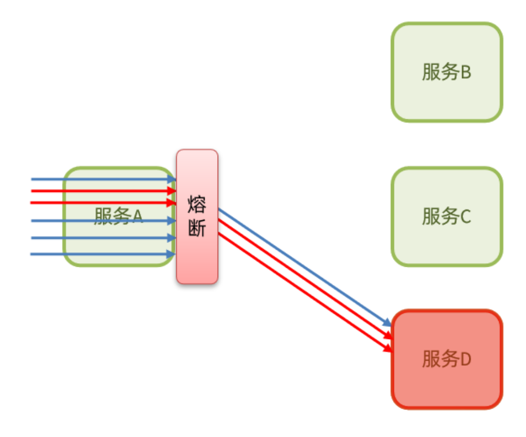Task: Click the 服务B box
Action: (447, 72)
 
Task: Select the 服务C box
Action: (447, 216)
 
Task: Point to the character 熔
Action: (197, 205)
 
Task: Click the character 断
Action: (197, 228)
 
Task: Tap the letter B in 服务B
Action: (465, 73)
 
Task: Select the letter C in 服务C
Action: (465, 217)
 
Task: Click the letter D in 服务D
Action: (465, 360)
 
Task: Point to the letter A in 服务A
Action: (137, 217)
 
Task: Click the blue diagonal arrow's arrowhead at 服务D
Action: (387, 323)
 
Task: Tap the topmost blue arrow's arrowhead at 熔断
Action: (172, 179)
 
